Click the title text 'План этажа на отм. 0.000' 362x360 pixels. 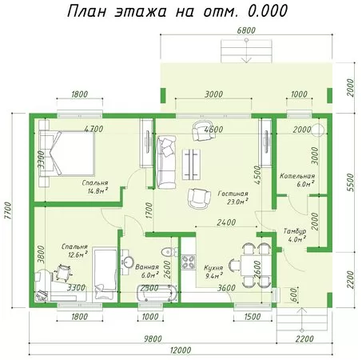pos(177,11)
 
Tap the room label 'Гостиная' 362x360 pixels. pos(233,194)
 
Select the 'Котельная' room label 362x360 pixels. pos(297,176)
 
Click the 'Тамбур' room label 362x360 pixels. pos(295,231)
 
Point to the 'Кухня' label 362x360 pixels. pos(213,267)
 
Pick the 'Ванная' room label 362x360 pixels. pos(147,267)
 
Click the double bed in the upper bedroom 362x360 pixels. pos(67,154)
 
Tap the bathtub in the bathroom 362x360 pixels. pos(157,294)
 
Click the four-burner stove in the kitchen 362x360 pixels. pos(189,262)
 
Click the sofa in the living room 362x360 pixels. pos(166,162)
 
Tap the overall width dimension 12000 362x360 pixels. pos(181,350)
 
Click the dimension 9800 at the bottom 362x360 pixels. pos(153,338)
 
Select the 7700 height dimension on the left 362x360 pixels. pos(8,210)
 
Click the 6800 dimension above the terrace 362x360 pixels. pos(246,30)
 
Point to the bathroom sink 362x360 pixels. pos(129,262)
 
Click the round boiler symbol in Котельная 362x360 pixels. pos(318,130)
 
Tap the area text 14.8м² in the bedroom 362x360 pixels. pos(97,190)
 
